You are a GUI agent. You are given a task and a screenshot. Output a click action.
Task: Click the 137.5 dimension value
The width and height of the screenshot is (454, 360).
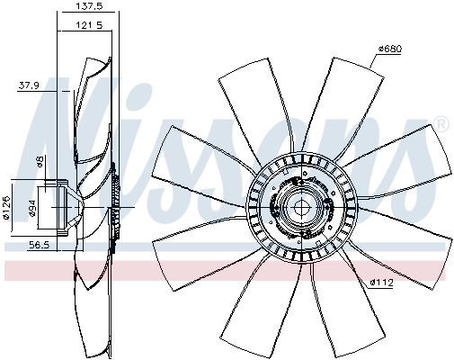(x=88, y=6)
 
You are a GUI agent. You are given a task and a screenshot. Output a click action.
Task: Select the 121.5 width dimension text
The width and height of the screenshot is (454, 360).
(x=89, y=25)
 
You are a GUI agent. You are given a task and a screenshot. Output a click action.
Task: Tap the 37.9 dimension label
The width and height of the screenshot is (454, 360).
(x=29, y=85)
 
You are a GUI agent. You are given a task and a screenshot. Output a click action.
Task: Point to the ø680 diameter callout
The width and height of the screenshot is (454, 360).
(x=389, y=49)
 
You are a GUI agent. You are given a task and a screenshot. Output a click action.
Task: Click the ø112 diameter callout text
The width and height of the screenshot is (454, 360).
(x=381, y=283)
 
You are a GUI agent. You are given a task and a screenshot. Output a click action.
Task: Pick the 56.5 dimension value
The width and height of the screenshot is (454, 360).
(x=39, y=245)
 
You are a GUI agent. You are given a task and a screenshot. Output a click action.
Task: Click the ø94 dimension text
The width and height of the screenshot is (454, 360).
(x=32, y=208)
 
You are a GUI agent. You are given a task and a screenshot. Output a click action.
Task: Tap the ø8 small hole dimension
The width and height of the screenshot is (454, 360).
(x=40, y=162)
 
